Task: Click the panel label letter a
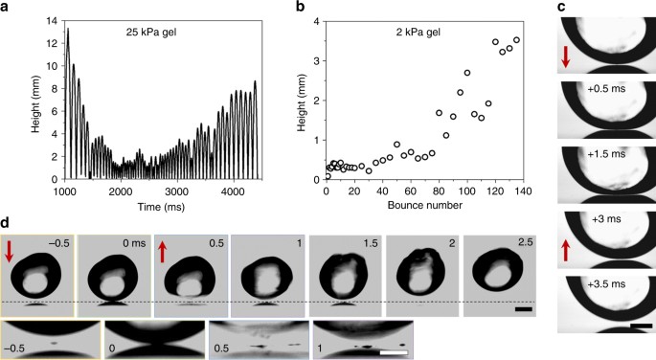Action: point(7,9)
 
